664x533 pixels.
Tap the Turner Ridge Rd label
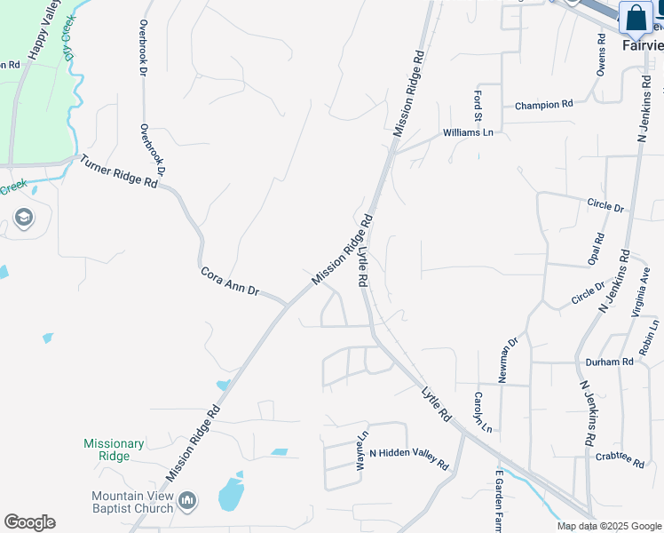coord(118,171)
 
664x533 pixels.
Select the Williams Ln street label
coord(468,133)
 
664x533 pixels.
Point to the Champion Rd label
coord(543,105)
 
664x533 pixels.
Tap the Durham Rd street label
coord(609,362)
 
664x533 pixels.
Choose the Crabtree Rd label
coord(620,457)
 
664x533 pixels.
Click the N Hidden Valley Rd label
coord(409,457)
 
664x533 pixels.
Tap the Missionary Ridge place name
coord(114,449)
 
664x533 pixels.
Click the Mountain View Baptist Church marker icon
coord(186,502)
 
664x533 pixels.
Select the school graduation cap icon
coord(23,218)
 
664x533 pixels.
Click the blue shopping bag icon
coord(636,18)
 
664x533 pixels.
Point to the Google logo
coord(29,522)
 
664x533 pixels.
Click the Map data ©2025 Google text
coord(609,526)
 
